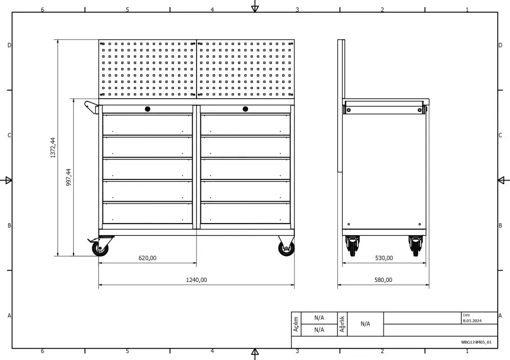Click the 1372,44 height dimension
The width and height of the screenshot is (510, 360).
53,148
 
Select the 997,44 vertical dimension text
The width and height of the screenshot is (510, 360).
69,177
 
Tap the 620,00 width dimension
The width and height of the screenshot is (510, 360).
147,258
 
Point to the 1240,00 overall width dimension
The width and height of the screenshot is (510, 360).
197,280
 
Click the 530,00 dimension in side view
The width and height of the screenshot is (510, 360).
384,258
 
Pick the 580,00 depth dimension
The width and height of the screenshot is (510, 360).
383,280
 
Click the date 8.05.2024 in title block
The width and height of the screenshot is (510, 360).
472,321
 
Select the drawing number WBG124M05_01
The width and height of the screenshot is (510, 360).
476,342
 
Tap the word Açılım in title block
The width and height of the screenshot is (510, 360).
296,324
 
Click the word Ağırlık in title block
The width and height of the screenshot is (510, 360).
342,324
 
